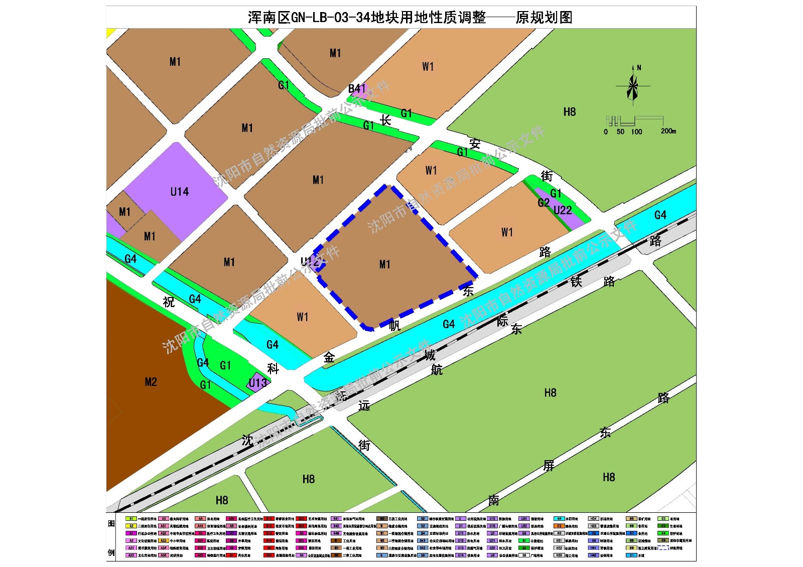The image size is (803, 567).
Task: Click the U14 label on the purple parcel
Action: tap(180, 192)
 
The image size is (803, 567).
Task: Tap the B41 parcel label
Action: tap(357, 89)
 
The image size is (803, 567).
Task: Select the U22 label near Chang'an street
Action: tap(563, 210)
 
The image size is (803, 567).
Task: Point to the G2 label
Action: tap(544, 203)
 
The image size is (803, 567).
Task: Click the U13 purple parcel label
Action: tap(258, 383)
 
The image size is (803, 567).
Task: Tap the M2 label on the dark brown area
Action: tap(151, 382)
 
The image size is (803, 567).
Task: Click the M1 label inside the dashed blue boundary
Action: tap(384, 264)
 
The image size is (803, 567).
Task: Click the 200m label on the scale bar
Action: tap(668, 131)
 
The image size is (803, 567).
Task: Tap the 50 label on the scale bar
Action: tap(621, 132)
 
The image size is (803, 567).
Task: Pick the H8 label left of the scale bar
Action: tap(569, 112)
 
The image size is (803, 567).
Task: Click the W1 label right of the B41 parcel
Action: tap(428, 67)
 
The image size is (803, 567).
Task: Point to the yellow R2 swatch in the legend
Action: tap(131, 526)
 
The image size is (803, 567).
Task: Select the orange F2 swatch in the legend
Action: tap(559, 526)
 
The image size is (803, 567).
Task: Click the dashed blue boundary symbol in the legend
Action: tap(663, 548)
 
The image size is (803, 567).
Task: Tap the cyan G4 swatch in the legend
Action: tap(559, 519)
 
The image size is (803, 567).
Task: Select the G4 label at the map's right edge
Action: tap(660, 215)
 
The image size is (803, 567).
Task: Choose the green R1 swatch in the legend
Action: tap(131, 519)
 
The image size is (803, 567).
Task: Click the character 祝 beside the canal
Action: tap(169, 302)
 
